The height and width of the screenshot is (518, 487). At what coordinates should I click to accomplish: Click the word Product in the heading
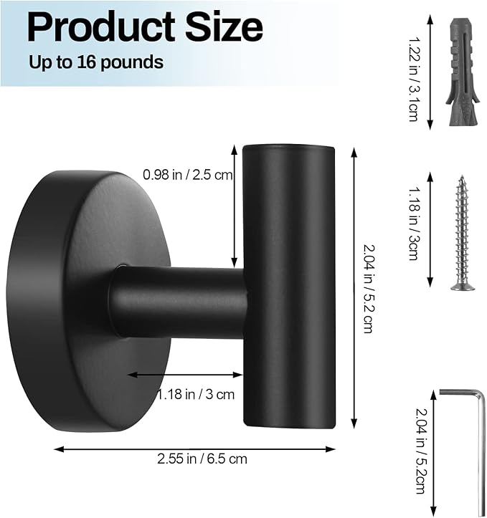tap(101, 27)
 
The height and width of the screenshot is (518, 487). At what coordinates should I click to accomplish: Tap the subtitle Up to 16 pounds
tap(96, 62)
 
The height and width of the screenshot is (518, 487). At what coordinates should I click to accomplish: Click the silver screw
tap(462, 233)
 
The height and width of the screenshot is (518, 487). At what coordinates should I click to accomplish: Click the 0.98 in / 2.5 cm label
tap(188, 174)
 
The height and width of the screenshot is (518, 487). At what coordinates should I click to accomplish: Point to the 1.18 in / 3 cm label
tap(196, 394)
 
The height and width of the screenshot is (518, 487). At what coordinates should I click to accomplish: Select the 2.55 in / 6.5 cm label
tap(202, 459)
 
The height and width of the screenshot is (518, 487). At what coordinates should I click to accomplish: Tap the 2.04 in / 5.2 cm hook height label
tap(368, 289)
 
